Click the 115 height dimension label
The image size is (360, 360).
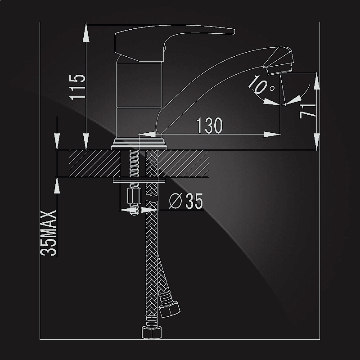[x=77, y=87]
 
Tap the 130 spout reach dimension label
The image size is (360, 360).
[x=209, y=126]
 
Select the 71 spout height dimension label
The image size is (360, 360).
[x=308, y=111]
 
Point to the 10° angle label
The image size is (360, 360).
[x=261, y=85]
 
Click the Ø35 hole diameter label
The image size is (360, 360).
[x=186, y=201]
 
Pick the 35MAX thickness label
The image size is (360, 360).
[x=48, y=233]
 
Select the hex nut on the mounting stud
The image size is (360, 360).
[x=134, y=196]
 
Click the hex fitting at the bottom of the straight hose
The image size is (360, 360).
[x=152, y=332]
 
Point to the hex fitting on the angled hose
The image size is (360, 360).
[x=170, y=310]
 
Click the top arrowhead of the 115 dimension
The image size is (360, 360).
[x=86, y=33]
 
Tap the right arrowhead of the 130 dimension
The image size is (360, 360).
[x=272, y=134]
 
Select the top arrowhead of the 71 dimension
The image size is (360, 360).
[x=317, y=81]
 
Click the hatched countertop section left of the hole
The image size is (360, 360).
[x=94, y=163]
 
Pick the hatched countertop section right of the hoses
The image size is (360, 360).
[x=184, y=163]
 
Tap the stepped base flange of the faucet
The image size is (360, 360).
[x=139, y=144]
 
